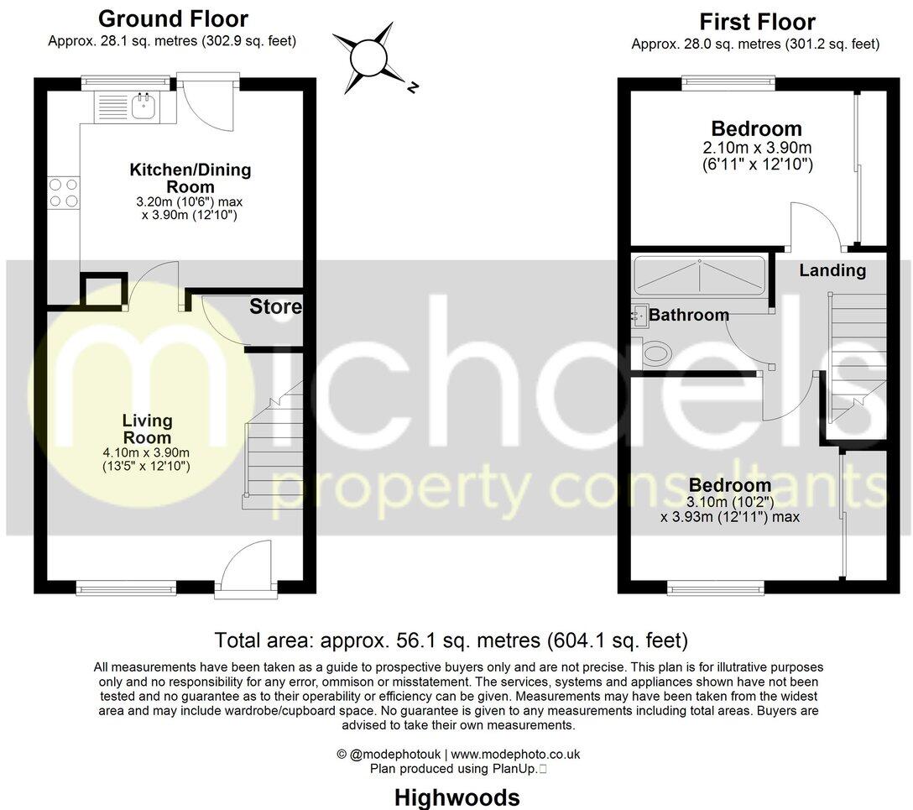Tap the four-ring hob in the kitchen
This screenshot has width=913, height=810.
tap(64, 192)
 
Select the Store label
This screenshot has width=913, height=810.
tap(275, 307)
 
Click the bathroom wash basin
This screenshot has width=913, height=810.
tap(640, 315)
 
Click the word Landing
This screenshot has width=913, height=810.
tap(832, 270)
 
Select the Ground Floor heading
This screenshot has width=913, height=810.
tap(173, 18)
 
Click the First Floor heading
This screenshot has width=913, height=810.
tap(757, 21)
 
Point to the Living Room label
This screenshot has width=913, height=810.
tap(148, 429)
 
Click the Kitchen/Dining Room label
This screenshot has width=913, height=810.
tap(190, 178)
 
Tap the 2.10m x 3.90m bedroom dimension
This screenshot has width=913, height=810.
tap(757, 148)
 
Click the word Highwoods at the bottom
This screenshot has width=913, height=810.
tap(456, 797)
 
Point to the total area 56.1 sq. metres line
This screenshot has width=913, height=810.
tap(451, 640)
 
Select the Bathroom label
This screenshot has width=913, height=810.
tap(688, 315)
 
